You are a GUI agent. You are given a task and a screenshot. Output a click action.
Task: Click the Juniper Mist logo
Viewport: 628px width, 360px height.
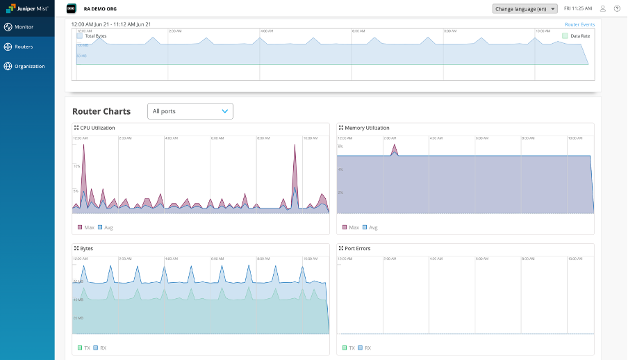pos(27,9)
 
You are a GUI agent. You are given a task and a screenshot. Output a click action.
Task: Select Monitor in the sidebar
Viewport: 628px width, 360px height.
pos(24,27)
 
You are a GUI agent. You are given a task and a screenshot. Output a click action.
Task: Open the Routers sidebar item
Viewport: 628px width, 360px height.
pos(24,47)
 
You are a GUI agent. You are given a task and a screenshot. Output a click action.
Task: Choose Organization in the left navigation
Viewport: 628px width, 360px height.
pos(29,67)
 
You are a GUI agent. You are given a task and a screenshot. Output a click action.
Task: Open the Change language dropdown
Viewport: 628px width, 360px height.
pos(524,9)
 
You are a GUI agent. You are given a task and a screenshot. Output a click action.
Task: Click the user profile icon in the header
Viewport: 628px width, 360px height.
pos(603,9)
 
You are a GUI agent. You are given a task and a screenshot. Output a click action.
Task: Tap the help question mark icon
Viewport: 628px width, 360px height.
pos(617,9)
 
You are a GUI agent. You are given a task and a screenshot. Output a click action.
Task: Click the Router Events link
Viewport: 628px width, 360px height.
pos(579,24)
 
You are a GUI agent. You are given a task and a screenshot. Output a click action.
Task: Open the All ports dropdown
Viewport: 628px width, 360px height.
pos(190,111)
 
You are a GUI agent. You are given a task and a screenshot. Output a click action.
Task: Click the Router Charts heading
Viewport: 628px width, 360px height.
pos(101,111)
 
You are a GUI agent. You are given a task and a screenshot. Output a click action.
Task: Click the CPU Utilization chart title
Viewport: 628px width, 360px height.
pos(98,128)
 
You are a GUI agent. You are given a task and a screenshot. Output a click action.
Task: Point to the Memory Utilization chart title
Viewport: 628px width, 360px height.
pos(367,128)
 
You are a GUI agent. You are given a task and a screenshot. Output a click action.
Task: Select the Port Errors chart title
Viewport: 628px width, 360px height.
pos(357,248)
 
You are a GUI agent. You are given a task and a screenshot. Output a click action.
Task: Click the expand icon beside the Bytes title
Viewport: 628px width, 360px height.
pos(76,248)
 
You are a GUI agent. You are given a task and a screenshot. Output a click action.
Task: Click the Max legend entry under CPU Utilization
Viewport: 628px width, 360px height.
pos(85,227)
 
